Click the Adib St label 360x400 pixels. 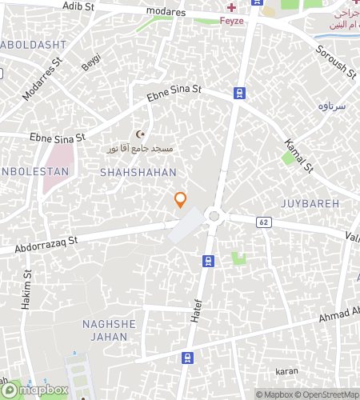pos(78,6)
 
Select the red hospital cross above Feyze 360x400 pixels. pos(231,7)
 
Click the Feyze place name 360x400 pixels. pos(231,21)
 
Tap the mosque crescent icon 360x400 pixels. pos(142,134)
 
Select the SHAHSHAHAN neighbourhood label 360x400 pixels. pos(138,172)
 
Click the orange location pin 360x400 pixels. pos(181,200)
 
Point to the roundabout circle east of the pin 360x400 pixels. pos(214,215)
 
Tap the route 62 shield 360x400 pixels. pos(262,220)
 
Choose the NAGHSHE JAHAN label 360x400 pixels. pos(106,330)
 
